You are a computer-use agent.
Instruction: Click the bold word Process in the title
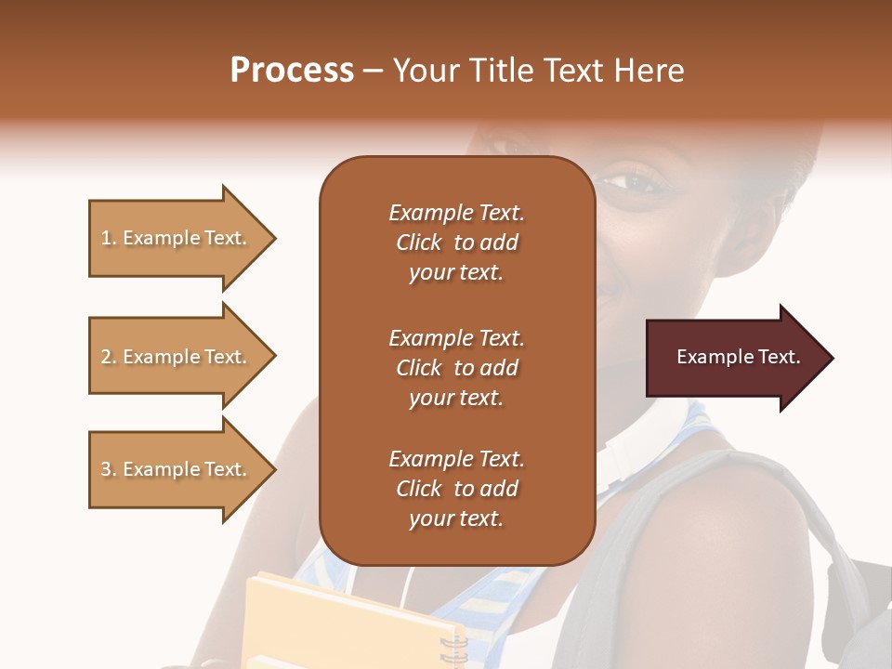(292, 71)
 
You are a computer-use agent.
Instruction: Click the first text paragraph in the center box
(456, 243)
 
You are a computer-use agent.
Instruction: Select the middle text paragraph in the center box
(456, 368)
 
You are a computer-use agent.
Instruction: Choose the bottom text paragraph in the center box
(456, 489)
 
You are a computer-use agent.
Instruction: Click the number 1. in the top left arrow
(109, 238)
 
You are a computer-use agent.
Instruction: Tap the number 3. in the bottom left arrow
(109, 469)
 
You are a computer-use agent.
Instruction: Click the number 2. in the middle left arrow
(109, 357)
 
